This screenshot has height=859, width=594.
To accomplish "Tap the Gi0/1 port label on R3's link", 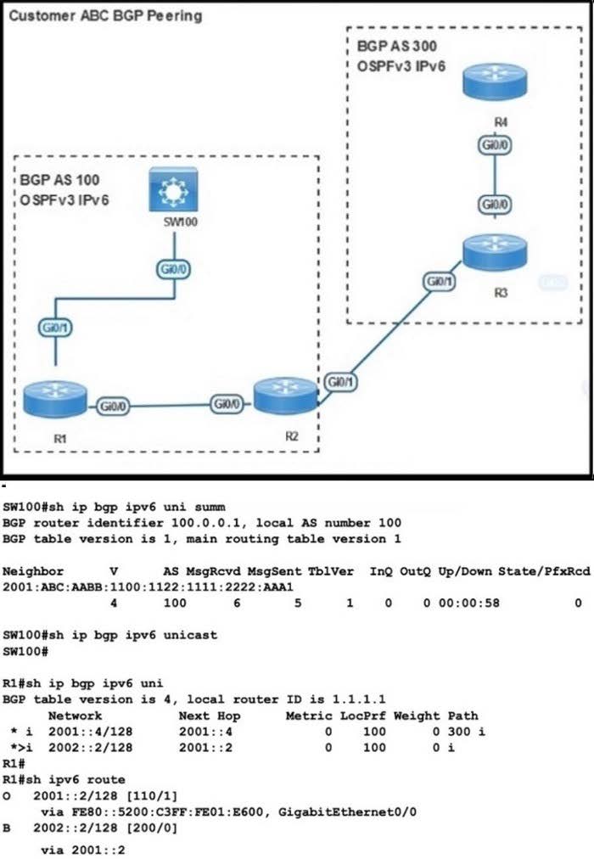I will (x=437, y=280).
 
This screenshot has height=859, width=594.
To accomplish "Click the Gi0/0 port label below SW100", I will (x=174, y=269).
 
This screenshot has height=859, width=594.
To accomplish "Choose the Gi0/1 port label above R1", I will (x=53, y=328).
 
